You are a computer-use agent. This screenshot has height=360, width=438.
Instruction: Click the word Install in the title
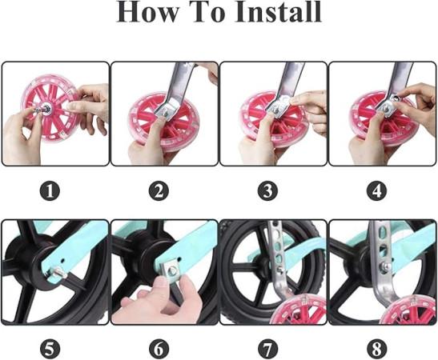(278, 12)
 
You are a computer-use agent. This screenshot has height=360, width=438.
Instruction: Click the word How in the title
(147, 12)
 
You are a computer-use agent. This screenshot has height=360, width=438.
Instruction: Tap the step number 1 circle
(50, 191)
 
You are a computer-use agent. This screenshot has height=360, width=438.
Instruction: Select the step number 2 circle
(159, 191)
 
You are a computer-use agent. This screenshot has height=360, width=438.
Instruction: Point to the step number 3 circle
(267, 191)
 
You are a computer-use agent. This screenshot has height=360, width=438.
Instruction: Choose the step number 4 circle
(377, 191)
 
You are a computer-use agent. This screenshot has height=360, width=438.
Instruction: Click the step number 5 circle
(50, 349)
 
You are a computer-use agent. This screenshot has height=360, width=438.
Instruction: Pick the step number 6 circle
(159, 349)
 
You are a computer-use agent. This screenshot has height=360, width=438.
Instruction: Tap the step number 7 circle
(267, 349)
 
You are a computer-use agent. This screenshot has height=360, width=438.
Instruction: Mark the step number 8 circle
(377, 349)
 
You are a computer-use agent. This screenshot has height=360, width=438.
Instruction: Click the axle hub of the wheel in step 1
(46, 107)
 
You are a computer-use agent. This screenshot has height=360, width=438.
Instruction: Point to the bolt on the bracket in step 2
(164, 113)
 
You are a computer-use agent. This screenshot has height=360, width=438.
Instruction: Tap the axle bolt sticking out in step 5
(59, 272)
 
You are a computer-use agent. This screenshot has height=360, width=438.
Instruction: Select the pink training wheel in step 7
(299, 309)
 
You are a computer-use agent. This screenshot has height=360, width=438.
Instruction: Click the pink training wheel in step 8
(409, 310)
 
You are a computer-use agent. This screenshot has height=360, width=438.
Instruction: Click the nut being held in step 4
(396, 98)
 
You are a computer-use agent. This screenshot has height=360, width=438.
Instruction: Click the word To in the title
(207, 12)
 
